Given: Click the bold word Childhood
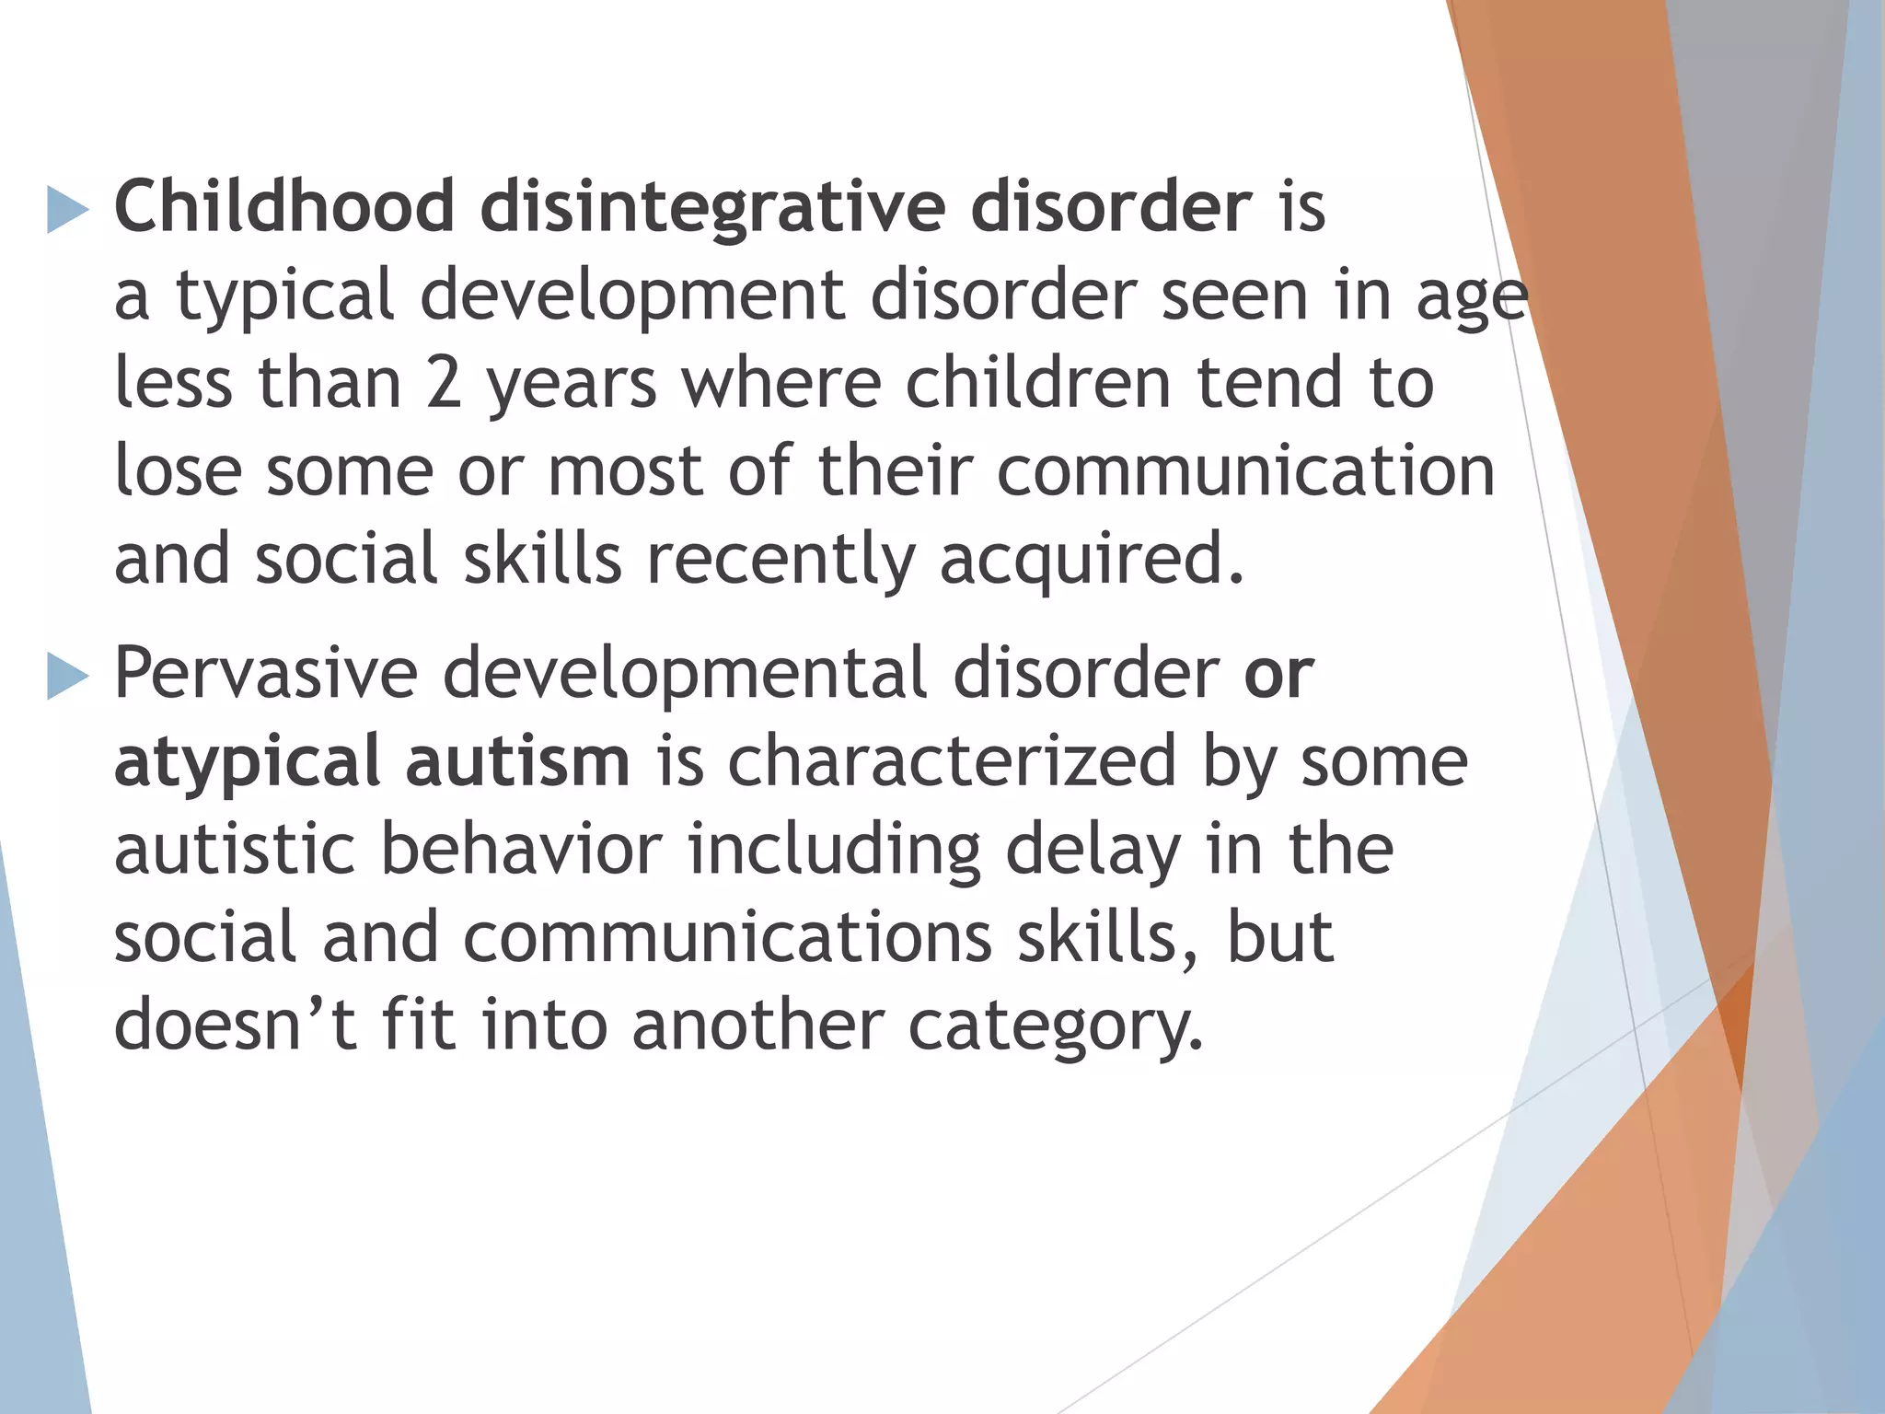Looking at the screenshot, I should point(283,206).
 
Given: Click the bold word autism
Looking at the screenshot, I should point(517,760).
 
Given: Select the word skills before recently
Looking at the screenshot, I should point(542,560).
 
